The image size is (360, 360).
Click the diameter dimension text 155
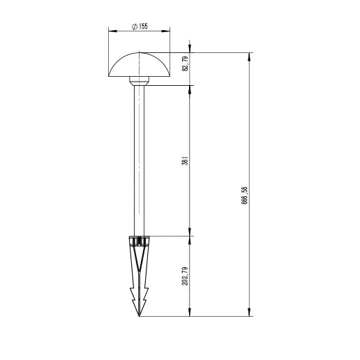[x=142, y=26]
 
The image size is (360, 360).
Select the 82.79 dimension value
[x=185, y=64]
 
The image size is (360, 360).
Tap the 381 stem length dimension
[x=185, y=161]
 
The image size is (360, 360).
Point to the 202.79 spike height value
[x=185, y=276]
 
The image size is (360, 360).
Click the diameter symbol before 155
[x=133, y=26]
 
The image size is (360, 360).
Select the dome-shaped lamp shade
[x=140, y=66]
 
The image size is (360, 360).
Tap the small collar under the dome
[x=140, y=82]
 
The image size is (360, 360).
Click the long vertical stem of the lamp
[x=140, y=160]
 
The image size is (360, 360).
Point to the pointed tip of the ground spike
[x=140, y=316]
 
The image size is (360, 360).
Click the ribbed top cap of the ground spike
[x=140, y=241]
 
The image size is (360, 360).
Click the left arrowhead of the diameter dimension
[x=111, y=31]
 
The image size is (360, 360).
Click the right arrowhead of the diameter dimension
[x=169, y=31]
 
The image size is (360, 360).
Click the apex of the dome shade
[x=140, y=52]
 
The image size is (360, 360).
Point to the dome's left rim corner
[x=110, y=77]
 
